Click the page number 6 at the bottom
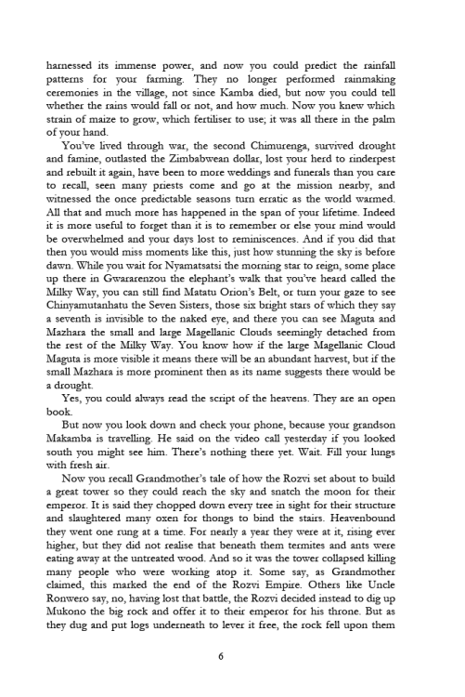[x=232, y=655]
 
